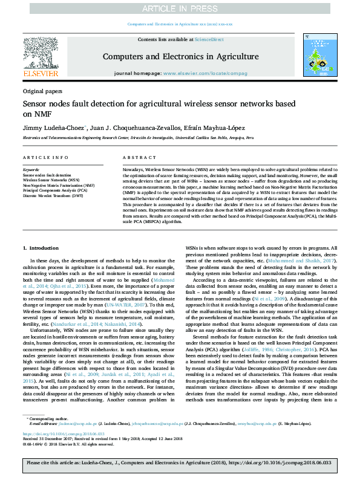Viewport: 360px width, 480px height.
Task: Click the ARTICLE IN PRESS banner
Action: coord(180,8)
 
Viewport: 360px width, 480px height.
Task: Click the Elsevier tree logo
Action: coord(40,53)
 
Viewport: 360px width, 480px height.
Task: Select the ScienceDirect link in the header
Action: coord(210,39)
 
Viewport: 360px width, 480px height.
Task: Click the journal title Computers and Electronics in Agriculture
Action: coord(180,57)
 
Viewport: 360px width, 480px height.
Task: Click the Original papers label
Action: coord(42,91)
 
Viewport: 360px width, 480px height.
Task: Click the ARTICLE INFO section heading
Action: coord(45,157)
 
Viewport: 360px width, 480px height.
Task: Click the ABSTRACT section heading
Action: coord(134,157)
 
